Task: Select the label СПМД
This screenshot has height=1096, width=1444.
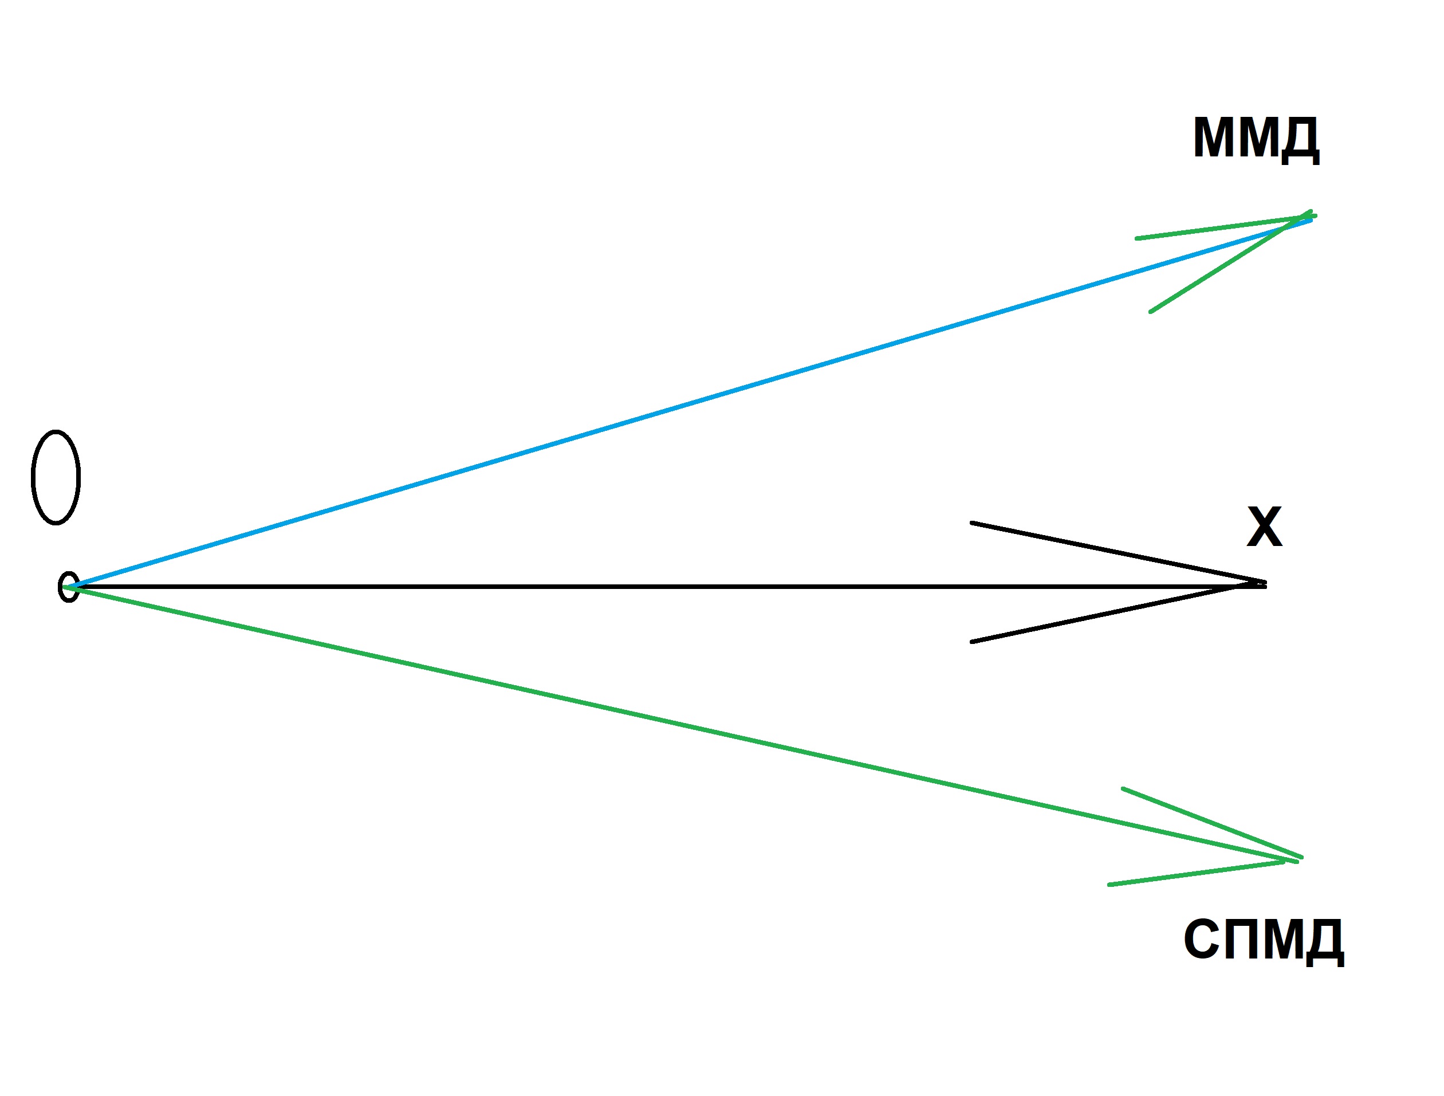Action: coord(1264,940)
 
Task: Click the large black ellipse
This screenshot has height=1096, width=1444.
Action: coord(56,477)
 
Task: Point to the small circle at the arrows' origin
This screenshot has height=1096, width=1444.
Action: coord(69,587)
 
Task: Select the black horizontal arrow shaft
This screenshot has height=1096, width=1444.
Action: coord(653,587)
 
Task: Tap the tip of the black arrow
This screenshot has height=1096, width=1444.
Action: coord(1264,585)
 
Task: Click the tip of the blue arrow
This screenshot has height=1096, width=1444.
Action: coord(1310,220)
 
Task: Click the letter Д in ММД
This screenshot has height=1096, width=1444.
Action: coord(1299,140)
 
